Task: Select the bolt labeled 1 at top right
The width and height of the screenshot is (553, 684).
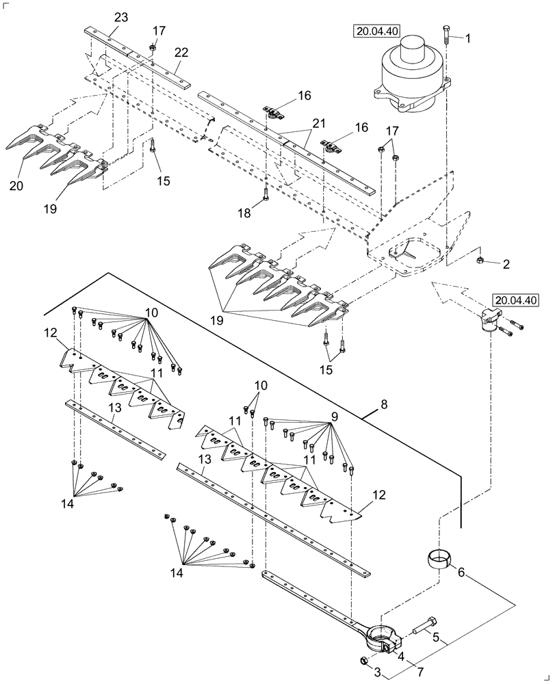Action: click(x=446, y=34)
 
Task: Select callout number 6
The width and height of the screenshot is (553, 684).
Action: click(x=461, y=571)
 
